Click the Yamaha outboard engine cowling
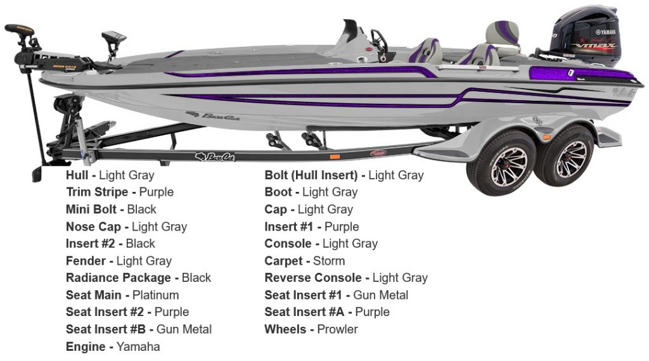(x=586, y=34)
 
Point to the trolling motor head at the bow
(x=20, y=30)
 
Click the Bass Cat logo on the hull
(x=213, y=116)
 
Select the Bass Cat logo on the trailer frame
(x=215, y=156)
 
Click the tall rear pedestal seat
(x=503, y=37)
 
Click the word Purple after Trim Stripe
(x=157, y=192)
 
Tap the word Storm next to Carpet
(x=329, y=261)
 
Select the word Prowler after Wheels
(x=337, y=329)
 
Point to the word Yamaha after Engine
(x=138, y=346)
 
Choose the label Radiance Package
(x=119, y=278)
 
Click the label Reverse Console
(x=313, y=278)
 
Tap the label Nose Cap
(x=94, y=227)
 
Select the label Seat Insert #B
(x=106, y=329)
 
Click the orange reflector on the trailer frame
(x=335, y=156)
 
